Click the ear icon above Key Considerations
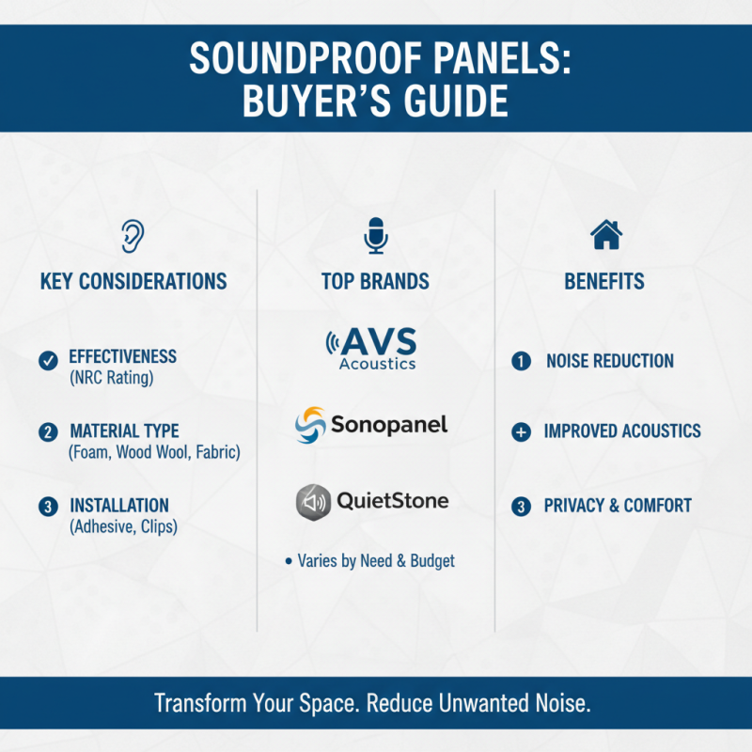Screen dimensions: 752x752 [x=133, y=236]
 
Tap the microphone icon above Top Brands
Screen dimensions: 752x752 [x=376, y=235]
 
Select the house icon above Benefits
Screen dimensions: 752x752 [x=604, y=235]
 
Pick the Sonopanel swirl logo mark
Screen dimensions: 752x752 [x=310, y=425]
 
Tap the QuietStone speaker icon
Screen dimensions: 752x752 [x=313, y=501]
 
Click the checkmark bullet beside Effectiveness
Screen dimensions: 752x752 [x=46, y=359]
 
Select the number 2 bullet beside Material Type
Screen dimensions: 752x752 [x=46, y=432]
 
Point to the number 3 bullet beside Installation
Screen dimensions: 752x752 [x=46, y=507]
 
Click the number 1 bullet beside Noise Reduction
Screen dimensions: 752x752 [x=520, y=361]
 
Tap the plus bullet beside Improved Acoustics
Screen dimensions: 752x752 [x=520, y=432]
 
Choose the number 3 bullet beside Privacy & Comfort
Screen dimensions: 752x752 [x=520, y=507]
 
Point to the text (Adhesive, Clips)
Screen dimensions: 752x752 [x=123, y=527]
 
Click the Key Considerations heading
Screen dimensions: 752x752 [x=133, y=281]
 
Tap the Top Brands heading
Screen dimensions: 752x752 [x=375, y=281]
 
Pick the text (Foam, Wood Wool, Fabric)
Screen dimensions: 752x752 [x=154, y=453]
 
